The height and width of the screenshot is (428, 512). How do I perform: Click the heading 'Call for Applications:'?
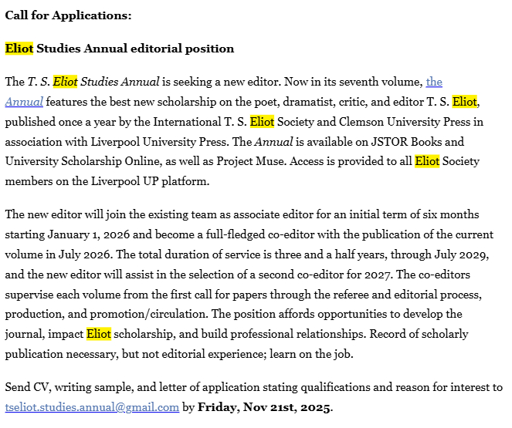[68, 15]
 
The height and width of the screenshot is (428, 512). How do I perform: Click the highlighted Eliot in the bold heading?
[19, 49]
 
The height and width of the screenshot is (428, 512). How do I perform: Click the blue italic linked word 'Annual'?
[24, 102]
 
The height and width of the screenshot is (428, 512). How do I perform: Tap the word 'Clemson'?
[335, 122]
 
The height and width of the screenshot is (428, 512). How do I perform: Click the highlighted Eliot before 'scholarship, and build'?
[99, 334]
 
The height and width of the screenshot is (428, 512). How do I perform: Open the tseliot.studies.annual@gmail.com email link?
[92, 407]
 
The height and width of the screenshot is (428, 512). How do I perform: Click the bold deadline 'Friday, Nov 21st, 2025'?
[264, 407]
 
